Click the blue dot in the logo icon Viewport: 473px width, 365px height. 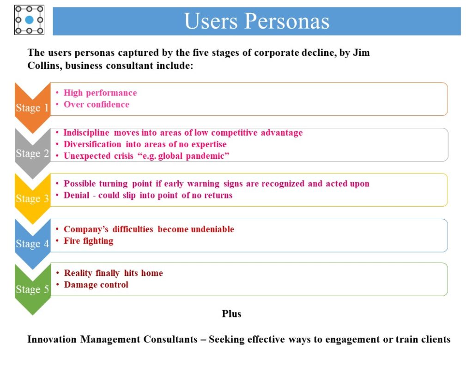click(x=29, y=20)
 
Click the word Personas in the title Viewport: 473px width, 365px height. click(x=286, y=21)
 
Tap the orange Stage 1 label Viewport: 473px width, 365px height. click(x=32, y=108)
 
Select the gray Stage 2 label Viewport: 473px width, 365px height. click(x=32, y=153)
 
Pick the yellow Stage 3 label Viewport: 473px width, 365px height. click(x=32, y=198)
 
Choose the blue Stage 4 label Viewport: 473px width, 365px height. click(x=32, y=244)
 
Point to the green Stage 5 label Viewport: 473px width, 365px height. click(x=32, y=289)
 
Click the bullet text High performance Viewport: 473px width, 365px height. click(x=100, y=93)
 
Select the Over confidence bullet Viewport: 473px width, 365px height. click(x=97, y=104)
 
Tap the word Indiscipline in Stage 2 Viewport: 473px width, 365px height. click(x=86, y=133)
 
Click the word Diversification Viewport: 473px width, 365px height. click(x=92, y=144)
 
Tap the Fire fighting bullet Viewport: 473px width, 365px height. click(x=88, y=241)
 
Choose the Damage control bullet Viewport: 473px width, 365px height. click(x=96, y=285)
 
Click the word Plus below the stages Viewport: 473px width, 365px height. click(x=231, y=314)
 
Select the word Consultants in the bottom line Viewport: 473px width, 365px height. click(x=170, y=339)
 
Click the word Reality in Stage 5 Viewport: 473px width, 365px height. click(x=78, y=273)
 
